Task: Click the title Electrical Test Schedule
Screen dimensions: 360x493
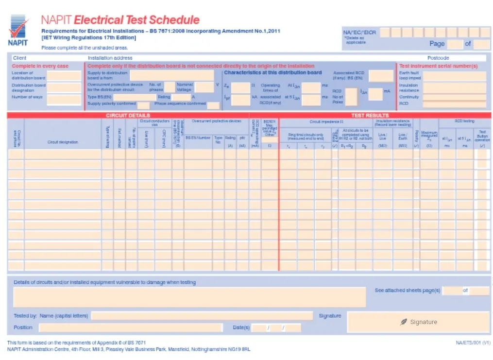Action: [x=136, y=20]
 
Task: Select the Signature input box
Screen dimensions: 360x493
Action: [x=418, y=322]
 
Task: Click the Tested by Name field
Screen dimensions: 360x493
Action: [x=202, y=316]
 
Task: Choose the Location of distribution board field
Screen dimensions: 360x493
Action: [x=64, y=76]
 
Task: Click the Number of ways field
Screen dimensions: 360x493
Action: [x=64, y=99]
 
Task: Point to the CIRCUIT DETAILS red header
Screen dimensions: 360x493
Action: [x=128, y=116]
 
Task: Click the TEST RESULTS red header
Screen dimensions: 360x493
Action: [x=370, y=116]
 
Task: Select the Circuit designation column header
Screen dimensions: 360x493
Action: [x=63, y=142]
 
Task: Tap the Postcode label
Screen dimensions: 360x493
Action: [x=438, y=58]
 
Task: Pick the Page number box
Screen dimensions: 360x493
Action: [x=455, y=44]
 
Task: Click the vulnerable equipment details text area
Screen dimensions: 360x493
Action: [x=189, y=297]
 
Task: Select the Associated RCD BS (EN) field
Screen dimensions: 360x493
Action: [x=381, y=76]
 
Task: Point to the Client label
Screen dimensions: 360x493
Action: [x=19, y=58]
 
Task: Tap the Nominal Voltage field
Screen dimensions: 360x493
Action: [x=204, y=86]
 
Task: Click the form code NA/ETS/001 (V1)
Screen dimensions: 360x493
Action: [x=473, y=343]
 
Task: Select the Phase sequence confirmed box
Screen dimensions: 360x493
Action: [x=213, y=105]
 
